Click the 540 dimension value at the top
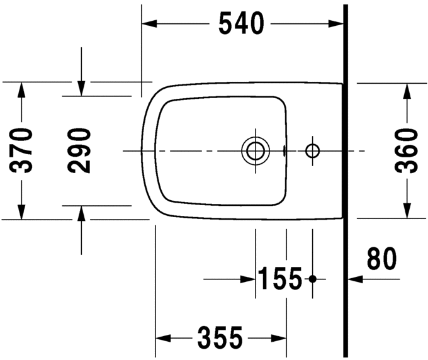pos(240,24)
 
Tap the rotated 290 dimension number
pos(80,150)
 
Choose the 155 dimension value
pos(279,279)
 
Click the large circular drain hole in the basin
pos(255,150)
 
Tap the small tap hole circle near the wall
pos(312,150)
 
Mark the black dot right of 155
pos(313,278)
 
